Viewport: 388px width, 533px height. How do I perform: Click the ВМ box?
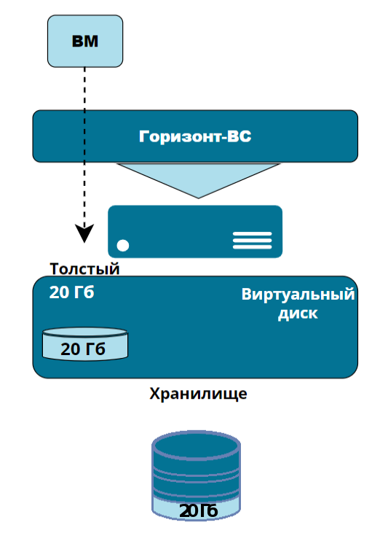pos(85,41)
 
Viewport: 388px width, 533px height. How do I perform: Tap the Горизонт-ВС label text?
pos(195,136)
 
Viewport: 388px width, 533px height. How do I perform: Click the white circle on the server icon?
pos(123,246)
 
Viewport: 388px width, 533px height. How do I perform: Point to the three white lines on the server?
pos(252,241)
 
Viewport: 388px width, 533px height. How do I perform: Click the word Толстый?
pos(85,269)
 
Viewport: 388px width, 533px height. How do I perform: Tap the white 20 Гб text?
pos(71,292)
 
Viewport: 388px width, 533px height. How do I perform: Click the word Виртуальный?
pos(298,295)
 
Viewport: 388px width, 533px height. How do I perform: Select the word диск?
pos(298,314)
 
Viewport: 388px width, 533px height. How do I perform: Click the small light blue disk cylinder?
pos(85,344)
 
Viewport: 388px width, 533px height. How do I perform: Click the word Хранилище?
pos(198,394)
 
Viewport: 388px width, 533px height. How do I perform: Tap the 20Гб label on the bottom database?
pos(198,510)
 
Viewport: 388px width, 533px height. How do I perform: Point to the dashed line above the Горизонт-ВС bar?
pos(84,88)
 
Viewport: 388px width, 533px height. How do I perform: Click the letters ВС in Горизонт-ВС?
pos(239,136)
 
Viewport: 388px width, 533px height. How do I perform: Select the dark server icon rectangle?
pos(195,231)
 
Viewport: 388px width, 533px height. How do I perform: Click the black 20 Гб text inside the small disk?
pos(83,349)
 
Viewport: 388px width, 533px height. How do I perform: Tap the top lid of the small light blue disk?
pos(85,332)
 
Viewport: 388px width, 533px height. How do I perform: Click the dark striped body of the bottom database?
pos(197,476)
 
